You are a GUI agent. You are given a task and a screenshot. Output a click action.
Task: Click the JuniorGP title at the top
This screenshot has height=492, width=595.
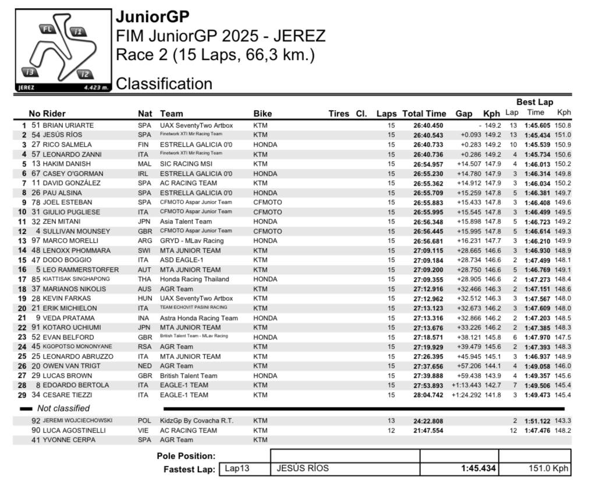pyautogui.click(x=153, y=16)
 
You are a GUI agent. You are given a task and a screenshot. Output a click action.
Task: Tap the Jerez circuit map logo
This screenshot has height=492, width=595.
pyautogui.click(x=62, y=50)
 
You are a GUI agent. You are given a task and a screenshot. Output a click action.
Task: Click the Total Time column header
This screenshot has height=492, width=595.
pyautogui.click(x=424, y=114)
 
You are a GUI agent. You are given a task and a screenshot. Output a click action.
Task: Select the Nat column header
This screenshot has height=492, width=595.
pyautogui.click(x=144, y=114)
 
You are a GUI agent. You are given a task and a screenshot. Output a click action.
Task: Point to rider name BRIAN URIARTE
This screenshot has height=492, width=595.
pyautogui.click(x=68, y=125)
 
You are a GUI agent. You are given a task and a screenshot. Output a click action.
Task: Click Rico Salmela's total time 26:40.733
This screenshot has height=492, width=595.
pyautogui.click(x=428, y=144)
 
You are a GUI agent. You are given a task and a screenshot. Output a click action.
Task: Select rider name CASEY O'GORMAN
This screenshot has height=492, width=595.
pyautogui.click(x=73, y=174)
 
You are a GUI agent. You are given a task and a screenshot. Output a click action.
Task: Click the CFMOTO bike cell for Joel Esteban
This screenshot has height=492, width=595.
pyautogui.click(x=268, y=202)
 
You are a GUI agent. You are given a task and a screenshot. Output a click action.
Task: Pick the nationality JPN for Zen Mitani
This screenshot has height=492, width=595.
pyautogui.click(x=144, y=221)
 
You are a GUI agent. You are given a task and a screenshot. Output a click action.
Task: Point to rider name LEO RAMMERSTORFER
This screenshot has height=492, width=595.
pyautogui.click(x=81, y=270)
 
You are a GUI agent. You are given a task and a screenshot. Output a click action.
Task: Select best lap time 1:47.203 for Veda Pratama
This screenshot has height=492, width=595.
pyautogui.click(x=536, y=318)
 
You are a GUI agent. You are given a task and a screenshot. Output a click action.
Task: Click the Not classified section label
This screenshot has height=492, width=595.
pyautogui.click(x=63, y=408)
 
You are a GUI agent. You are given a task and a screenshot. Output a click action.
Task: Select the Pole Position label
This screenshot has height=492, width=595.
pyautogui.click(x=186, y=456)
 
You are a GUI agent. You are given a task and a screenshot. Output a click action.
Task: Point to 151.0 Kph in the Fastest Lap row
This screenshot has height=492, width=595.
pyautogui.click(x=548, y=469)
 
